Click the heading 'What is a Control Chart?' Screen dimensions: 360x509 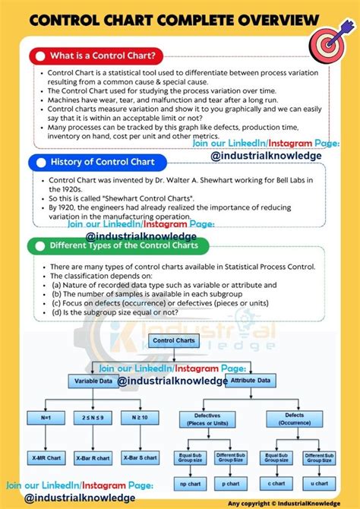click(x=104, y=55)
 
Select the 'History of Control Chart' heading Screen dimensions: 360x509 click(x=103, y=162)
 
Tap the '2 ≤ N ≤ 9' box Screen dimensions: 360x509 click(x=93, y=416)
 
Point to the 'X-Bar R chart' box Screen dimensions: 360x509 click(x=93, y=459)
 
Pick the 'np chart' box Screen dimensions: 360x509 click(x=189, y=483)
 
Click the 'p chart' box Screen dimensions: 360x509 click(x=231, y=483)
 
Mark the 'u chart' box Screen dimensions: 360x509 click(x=319, y=483)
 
